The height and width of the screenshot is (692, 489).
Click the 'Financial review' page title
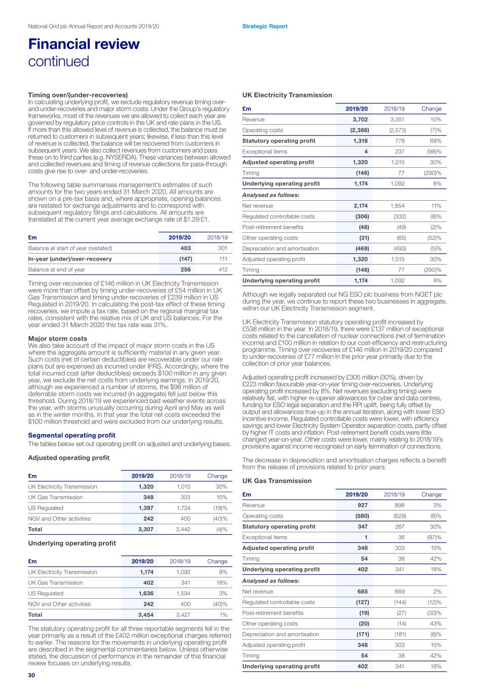point(84,44)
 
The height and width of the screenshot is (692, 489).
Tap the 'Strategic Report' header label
point(265,26)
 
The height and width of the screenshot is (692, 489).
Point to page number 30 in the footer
point(31,675)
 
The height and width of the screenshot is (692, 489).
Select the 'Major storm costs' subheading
point(57,339)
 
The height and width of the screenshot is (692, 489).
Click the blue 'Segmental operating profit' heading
point(71,435)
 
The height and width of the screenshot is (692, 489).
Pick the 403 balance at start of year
point(185,248)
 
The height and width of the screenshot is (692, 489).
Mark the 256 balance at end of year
point(185,270)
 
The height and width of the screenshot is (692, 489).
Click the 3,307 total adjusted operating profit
point(146,529)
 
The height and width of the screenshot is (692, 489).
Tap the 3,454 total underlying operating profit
point(146,615)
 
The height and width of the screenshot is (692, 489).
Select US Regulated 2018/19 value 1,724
point(183,508)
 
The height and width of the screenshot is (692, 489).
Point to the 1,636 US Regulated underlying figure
point(146,594)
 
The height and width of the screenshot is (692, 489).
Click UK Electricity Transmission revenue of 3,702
point(360,120)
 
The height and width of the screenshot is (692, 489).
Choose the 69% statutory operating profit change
point(435,141)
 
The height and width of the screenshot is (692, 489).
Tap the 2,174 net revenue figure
point(360,206)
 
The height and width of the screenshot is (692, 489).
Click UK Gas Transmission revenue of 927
point(363,505)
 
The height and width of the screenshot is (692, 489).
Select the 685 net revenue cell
point(363,592)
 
